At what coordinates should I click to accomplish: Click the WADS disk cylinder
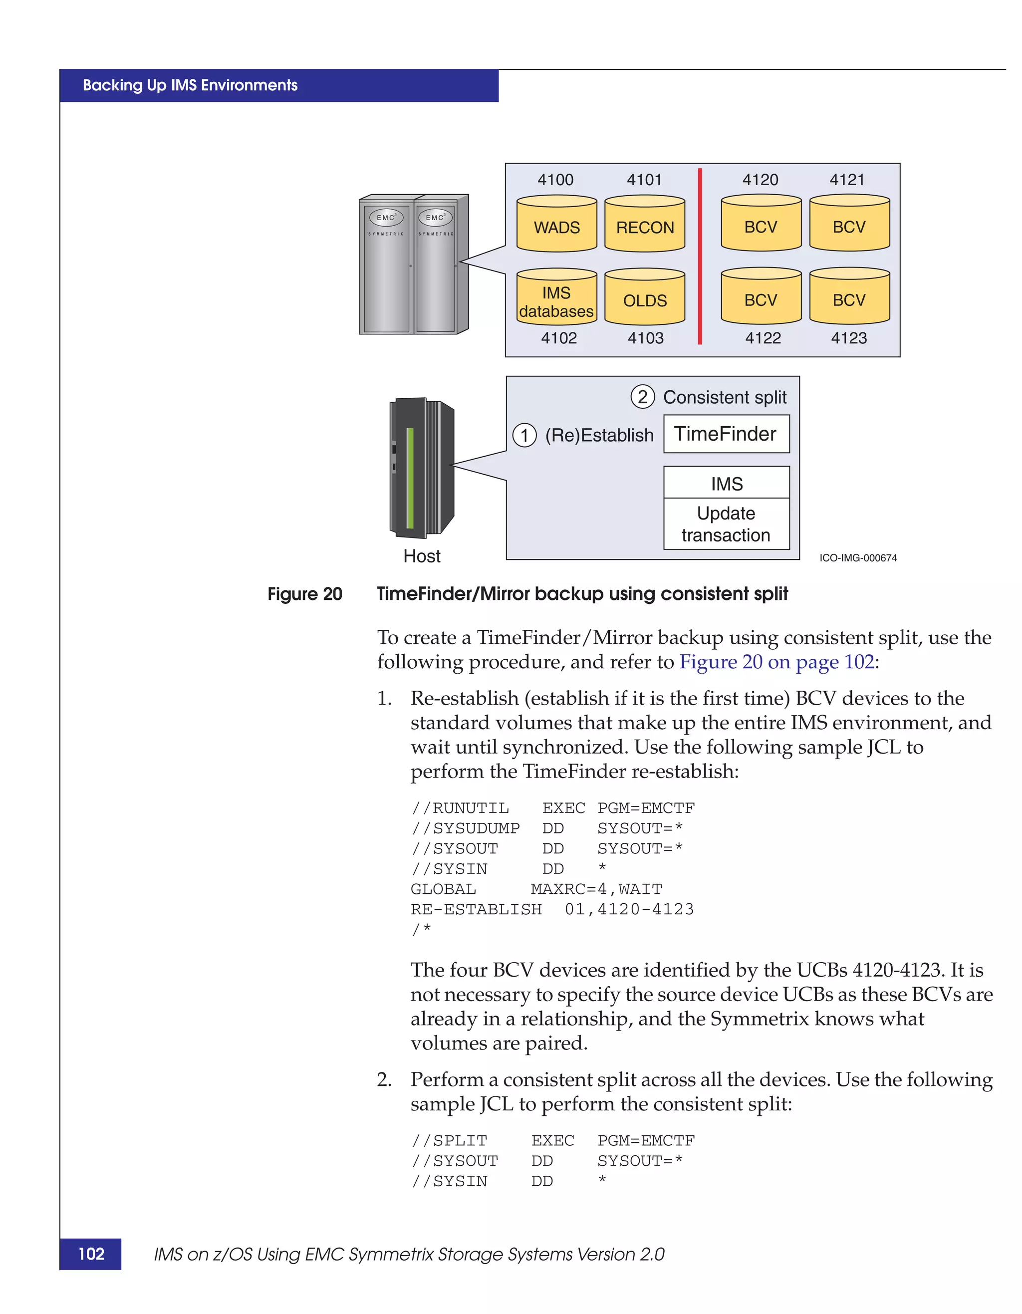point(556,224)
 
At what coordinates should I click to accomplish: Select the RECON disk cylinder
point(644,224)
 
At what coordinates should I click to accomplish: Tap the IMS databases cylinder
point(556,297)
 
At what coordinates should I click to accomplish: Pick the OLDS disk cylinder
point(644,297)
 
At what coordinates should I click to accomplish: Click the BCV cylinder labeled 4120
point(761,223)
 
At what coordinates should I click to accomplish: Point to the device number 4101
point(644,179)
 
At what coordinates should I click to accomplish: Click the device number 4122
point(763,338)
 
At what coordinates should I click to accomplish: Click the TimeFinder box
point(726,434)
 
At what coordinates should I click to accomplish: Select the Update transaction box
point(726,524)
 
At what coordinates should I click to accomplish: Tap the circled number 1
point(524,435)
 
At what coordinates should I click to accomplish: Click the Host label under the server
point(422,556)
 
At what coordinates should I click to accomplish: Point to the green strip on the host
point(410,478)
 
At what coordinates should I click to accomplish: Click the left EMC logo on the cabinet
point(386,217)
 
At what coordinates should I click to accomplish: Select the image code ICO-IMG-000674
point(858,558)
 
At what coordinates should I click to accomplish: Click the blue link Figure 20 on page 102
point(776,662)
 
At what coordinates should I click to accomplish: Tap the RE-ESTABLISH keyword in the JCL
point(476,909)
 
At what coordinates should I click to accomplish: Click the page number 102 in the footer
point(91,1254)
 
